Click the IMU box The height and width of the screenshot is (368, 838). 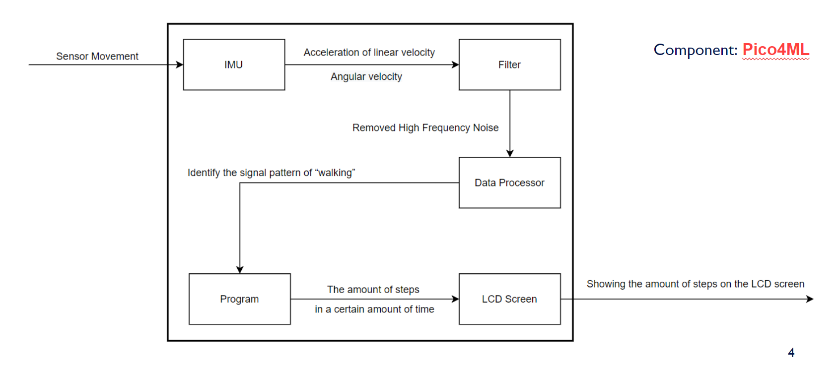(234, 64)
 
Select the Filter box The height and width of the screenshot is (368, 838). (509, 64)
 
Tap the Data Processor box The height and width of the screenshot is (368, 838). (509, 183)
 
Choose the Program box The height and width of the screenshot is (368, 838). (239, 299)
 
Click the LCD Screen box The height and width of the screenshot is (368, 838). (509, 299)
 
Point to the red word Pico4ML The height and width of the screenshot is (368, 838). (775, 50)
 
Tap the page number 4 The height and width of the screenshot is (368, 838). (791, 353)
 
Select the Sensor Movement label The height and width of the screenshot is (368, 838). (97, 56)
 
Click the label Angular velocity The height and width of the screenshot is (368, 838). (366, 76)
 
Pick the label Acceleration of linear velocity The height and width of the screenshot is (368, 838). (369, 52)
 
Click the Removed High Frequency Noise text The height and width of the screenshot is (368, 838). (425, 127)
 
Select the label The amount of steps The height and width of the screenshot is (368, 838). (373, 289)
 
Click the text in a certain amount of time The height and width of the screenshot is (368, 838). (374, 309)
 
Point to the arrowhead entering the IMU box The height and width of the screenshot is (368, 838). (180, 64)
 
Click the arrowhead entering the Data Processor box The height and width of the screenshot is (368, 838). (510, 154)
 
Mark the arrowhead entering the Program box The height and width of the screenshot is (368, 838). (240, 270)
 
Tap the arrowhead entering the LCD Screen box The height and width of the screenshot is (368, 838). (455, 299)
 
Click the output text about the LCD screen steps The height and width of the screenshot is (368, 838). (695, 284)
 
